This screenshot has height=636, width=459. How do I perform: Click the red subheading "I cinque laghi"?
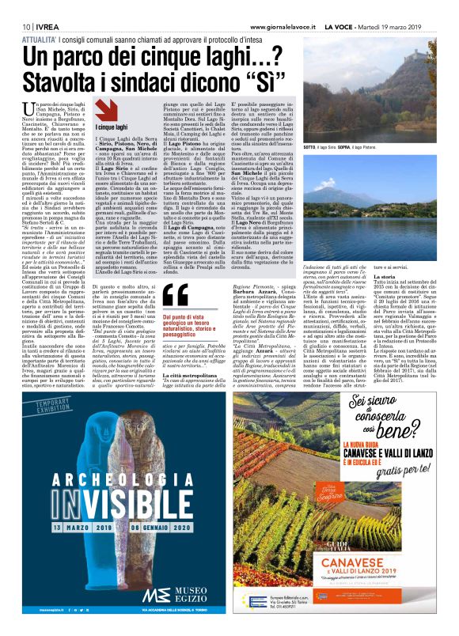pyautogui.click(x=111, y=127)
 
